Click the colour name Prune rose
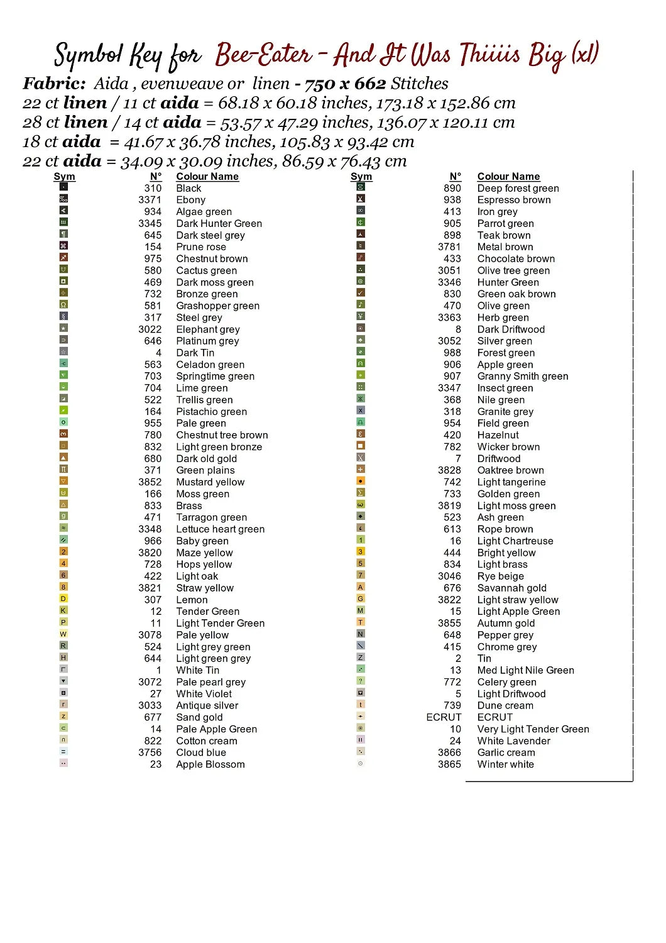pos(200,247)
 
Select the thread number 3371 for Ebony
pos(150,200)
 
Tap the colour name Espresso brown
pos(513,200)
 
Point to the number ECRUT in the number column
pos(444,717)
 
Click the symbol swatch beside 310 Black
pos(63,187)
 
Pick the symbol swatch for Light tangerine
pos(361,481)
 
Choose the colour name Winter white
pos(505,764)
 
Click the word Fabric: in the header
pos(54,84)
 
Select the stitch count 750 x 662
pos(345,84)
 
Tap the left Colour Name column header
pos(207,177)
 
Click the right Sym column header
pos(361,177)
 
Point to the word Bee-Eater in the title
pos(263,55)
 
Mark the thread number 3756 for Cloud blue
pos(150,753)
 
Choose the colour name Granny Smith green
pos(522,377)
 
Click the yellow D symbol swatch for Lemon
pos(63,598)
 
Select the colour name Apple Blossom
pos(210,764)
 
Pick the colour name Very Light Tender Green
pos(533,729)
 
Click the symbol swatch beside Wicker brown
pos(361,446)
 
